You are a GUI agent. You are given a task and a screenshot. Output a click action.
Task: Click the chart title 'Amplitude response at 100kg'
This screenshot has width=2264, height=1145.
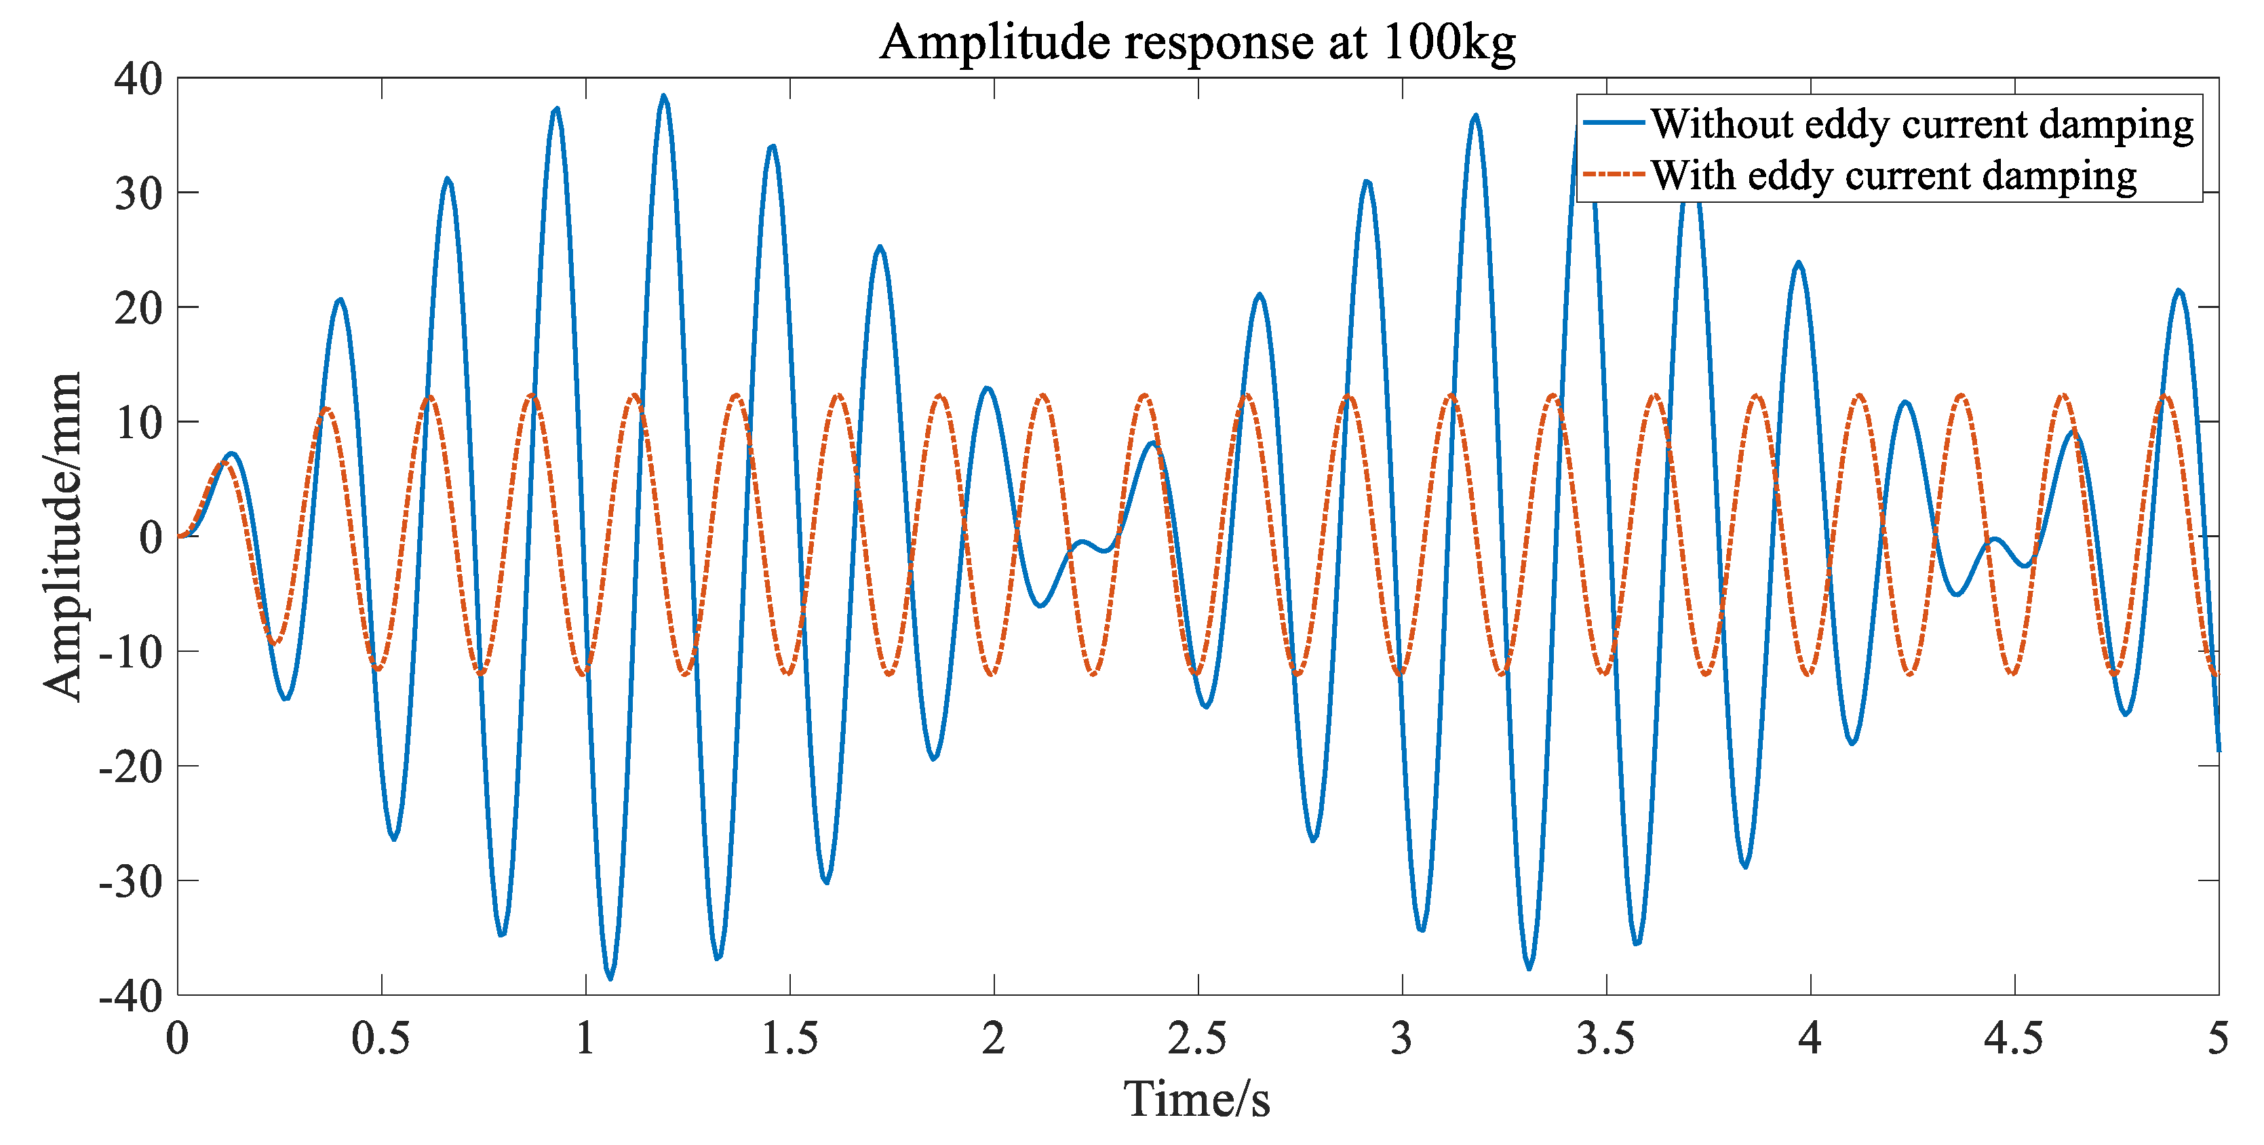tap(1197, 41)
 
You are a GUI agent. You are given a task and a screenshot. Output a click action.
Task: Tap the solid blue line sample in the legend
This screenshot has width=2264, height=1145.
tap(1614, 123)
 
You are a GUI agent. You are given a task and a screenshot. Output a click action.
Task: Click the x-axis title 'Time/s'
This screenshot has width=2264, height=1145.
tap(1197, 1098)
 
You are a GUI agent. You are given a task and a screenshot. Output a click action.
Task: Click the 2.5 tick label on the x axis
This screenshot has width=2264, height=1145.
tap(1197, 1039)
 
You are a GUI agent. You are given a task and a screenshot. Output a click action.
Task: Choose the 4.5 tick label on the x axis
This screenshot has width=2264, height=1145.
tap(2014, 1039)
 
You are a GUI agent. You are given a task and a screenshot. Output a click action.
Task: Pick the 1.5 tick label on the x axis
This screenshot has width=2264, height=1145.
tap(789, 1039)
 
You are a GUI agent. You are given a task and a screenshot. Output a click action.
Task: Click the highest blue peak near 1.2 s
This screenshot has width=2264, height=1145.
tap(663, 97)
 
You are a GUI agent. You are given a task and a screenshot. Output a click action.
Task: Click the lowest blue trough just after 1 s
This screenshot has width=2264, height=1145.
tap(610, 977)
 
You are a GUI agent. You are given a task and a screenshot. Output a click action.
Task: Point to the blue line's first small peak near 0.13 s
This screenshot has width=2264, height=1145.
tap(231, 453)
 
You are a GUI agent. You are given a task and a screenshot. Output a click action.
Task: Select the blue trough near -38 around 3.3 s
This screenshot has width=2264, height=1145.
tap(1529, 967)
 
